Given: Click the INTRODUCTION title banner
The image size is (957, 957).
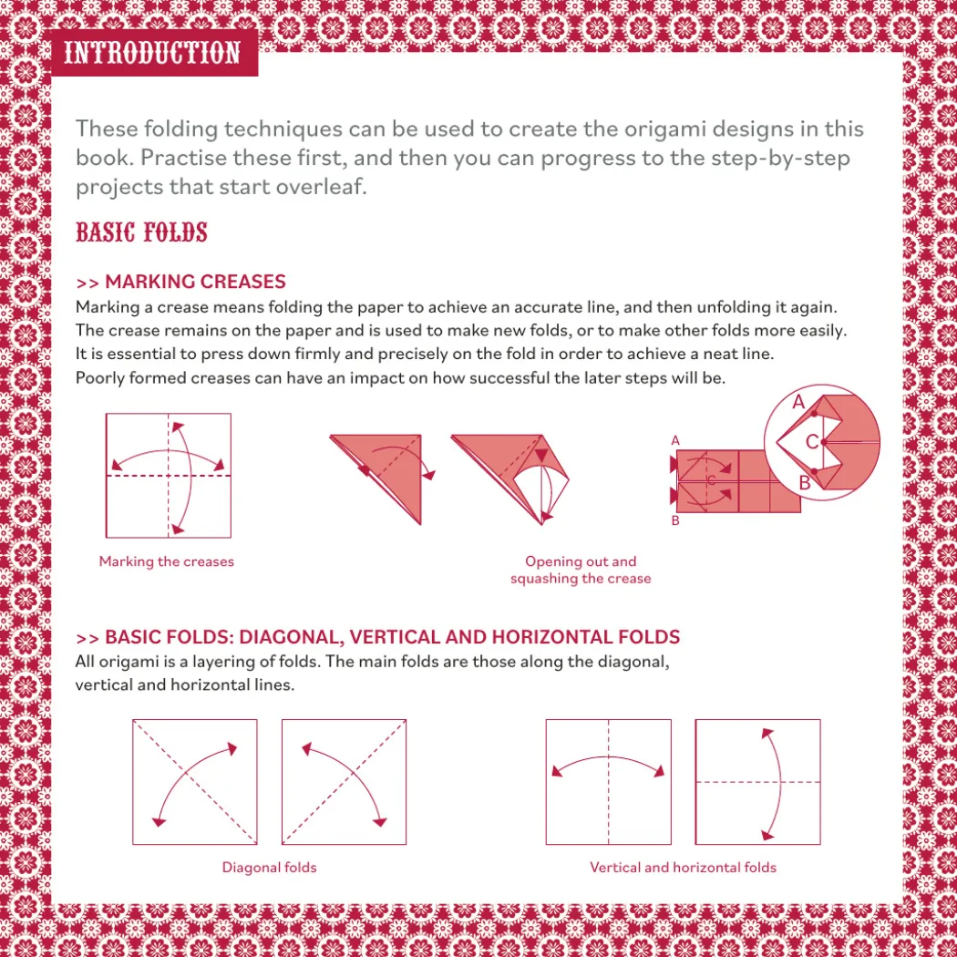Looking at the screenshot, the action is (154, 53).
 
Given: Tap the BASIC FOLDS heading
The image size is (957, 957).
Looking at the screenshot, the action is (141, 232).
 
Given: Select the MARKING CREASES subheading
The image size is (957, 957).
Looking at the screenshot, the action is (180, 282).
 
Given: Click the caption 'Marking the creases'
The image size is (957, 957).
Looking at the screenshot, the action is (167, 561).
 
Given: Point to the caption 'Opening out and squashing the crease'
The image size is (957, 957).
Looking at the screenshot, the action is (581, 570).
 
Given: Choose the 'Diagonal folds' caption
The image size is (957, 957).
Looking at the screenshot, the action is (269, 868).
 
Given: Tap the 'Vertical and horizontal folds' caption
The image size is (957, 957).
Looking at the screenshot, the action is (683, 868).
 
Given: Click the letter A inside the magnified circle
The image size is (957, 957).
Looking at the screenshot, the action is (798, 402).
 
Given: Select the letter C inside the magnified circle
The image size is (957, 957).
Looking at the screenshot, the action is (812, 442).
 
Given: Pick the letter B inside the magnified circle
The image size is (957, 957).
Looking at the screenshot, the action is (805, 483).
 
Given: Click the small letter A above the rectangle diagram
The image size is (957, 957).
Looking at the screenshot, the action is (675, 440).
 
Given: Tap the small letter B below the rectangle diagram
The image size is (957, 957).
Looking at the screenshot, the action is (675, 520).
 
